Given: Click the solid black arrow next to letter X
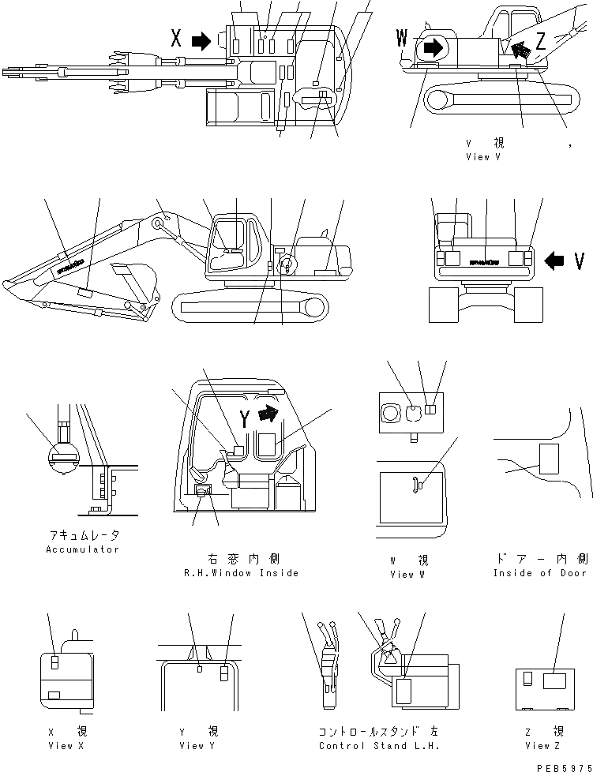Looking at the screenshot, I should click(x=202, y=39).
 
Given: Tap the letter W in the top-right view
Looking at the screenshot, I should click(x=403, y=37).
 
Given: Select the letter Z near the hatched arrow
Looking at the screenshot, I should click(x=541, y=43).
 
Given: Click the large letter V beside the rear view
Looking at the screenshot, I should click(x=579, y=260).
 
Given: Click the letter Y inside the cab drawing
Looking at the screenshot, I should click(x=246, y=420).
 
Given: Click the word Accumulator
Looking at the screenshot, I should click(x=82, y=549).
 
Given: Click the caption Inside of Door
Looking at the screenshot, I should click(x=540, y=573).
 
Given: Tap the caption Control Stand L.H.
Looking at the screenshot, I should click(x=379, y=746).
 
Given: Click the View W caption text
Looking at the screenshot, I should click(x=408, y=575).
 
